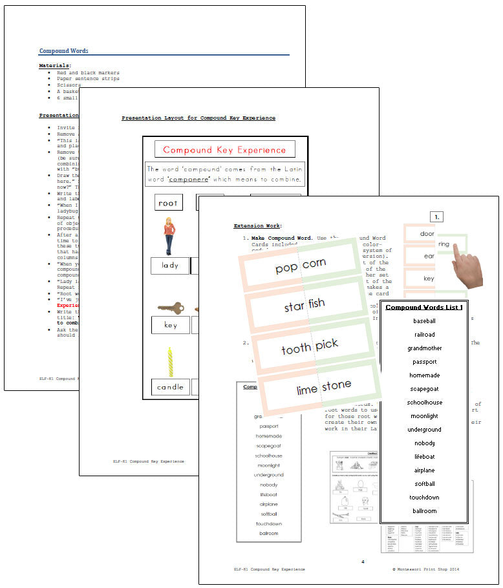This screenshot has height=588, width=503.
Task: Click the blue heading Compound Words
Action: pos(64,51)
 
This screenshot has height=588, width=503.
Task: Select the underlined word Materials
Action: pos(54,65)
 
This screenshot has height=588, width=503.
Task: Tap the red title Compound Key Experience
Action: pos(224,150)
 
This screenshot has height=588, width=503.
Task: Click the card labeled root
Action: pos(168,203)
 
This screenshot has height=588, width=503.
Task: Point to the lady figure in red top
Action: pos(169,235)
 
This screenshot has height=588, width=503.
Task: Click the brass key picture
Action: pos(170,308)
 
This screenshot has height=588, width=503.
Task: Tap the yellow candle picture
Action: pos(171,362)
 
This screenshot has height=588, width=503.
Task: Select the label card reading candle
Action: pos(170,387)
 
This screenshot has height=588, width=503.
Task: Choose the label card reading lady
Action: pos(170,266)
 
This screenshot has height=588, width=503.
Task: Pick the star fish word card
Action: pos(305,304)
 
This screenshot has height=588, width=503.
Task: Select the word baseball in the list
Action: pos(424,320)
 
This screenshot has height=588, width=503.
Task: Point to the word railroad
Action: pos(424,335)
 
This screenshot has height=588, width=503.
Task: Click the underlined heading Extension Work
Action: pos(257,226)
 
